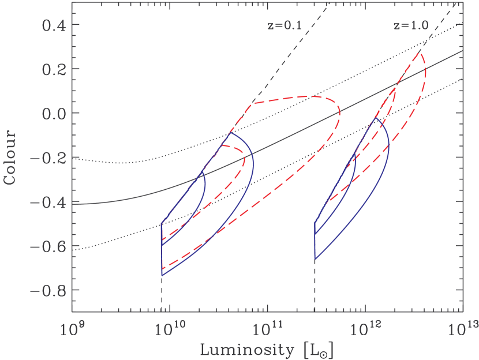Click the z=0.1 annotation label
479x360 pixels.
click(282, 26)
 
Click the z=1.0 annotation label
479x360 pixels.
click(407, 26)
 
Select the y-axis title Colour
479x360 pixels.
click(9, 156)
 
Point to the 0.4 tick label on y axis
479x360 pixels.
click(53, 25)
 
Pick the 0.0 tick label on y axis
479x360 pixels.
click(53, 113)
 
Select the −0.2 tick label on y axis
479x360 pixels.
click(47, 157)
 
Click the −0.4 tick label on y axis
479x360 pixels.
click(47, 202)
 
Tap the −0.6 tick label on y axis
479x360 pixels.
click(47, 246)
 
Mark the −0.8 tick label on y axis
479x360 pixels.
click(47, 290)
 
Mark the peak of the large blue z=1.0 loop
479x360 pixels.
click(376, 118)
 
